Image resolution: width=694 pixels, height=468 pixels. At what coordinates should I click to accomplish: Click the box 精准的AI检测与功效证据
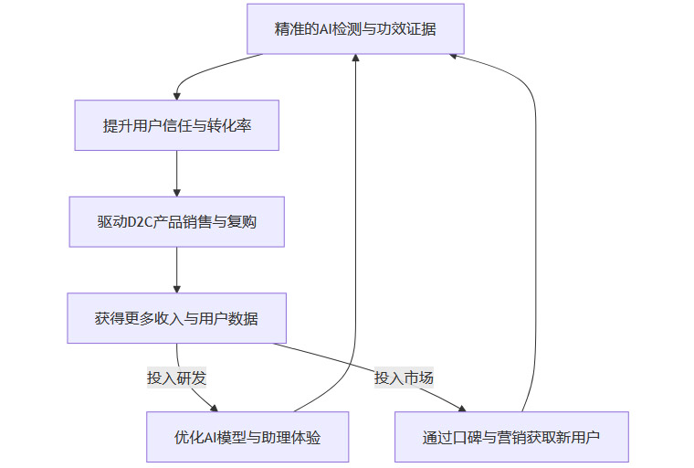tap(355, 28)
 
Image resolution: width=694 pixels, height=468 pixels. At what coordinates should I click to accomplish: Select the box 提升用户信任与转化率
tap(176, 124)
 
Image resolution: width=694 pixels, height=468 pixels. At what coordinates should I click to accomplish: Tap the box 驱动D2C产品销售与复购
tap(176, 221)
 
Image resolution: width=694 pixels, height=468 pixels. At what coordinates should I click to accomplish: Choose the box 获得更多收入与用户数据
tap(176, 318)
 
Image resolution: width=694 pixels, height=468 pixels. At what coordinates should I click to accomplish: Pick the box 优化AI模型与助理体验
tap(247, 437)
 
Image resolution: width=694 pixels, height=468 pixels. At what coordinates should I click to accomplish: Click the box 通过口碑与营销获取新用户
tap(511, 437)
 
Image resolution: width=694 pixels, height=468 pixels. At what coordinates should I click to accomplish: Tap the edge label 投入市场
tap(404, 378)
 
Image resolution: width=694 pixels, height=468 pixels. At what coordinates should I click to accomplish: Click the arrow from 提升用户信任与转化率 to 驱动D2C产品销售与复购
tap(176, 173)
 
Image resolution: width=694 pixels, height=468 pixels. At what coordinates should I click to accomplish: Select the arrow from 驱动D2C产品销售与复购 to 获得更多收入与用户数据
tap(176, 270)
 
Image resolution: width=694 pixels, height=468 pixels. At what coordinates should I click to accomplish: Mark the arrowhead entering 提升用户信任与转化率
tap(176, 94)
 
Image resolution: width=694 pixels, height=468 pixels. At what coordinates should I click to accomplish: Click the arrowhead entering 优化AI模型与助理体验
tap(216, 408)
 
